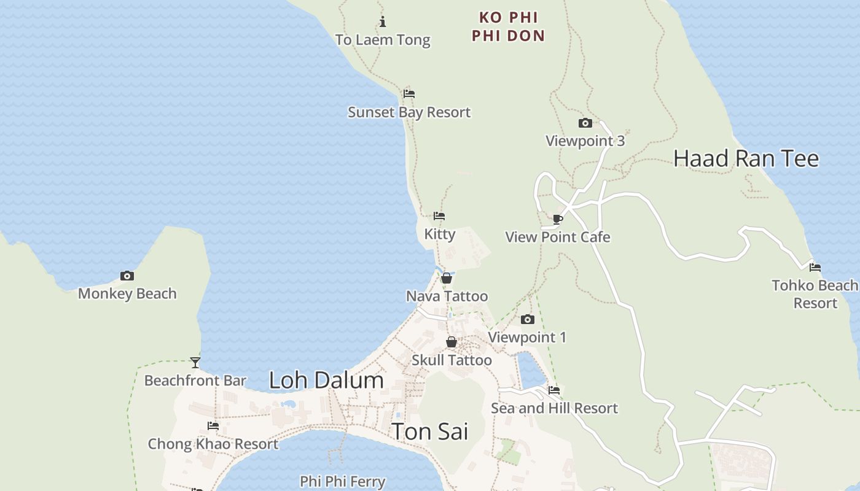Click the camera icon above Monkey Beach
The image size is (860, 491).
(x=127, y=276)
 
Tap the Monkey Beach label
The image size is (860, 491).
(x=127, y=294)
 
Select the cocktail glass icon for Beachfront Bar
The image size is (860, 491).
(x=195, y=363)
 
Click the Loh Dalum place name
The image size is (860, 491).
(x=326, y=381)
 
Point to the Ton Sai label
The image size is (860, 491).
(x=430, y=431)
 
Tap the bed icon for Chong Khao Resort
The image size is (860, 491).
(x=213, y=426)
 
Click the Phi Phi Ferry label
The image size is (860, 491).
(x=343, y=482)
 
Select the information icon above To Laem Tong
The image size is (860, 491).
(x=383, y=22)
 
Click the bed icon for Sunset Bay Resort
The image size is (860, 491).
(x=409, y=94)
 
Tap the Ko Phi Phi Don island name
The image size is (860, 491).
(x=509, y=26)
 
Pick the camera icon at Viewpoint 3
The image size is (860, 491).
(x=585, y=123)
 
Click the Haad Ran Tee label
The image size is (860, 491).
(x=746, y=158)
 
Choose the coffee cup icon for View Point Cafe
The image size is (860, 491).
(x=558, y=219)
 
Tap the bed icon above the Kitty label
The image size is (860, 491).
(x=439, y=216)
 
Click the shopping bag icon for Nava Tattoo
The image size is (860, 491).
(x=447, y=279)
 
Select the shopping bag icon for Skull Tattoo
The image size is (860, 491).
(x=451, y=342)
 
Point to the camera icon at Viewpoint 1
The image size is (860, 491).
(x=528, y=320)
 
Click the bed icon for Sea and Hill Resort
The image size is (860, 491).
(x=554, y=390)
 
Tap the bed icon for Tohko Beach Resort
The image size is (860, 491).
(x=815, y=268)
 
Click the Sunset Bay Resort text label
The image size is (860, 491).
(x=409, y=112)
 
